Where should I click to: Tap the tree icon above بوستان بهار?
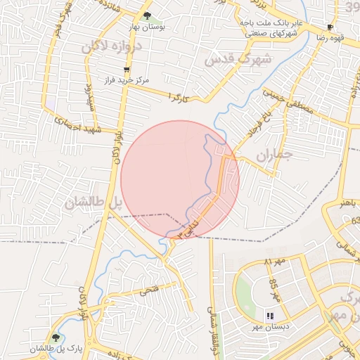click(147, 15)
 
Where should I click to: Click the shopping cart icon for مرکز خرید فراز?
click(127, 70)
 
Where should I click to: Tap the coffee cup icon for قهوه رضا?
click(330, 27)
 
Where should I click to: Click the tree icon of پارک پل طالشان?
click(56, 337)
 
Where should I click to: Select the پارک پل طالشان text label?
click(56, 349)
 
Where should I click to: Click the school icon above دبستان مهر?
click(268, 316)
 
